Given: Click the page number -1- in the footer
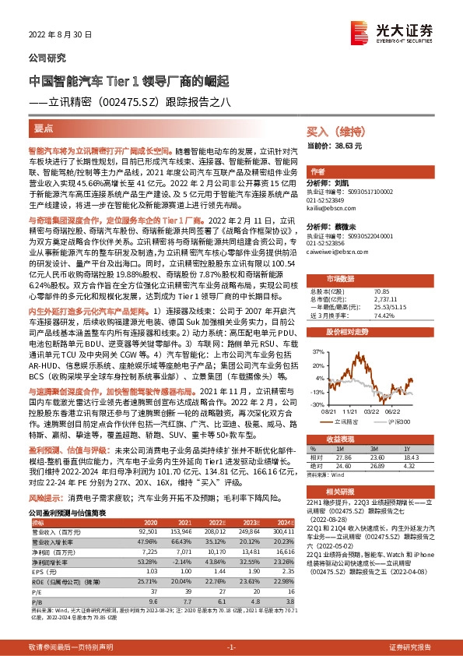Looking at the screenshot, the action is point(231,647).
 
